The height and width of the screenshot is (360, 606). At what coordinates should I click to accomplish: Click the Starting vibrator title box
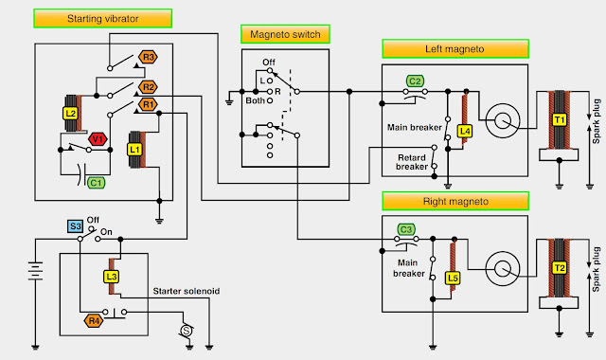click(x=101, y=18)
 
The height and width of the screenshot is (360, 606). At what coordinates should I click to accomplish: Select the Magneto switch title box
click(x=284, y=35)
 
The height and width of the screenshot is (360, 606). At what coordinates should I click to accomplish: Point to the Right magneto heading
click(x=454, y=201)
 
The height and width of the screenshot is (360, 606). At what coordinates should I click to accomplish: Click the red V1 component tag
click(x=98, y=139)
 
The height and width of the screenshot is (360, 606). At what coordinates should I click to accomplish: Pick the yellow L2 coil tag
click(x=70, y=112)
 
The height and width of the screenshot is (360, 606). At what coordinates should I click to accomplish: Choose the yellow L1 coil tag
click(x=134, y=150)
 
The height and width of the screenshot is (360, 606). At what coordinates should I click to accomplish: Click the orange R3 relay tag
click(x=148, y=57)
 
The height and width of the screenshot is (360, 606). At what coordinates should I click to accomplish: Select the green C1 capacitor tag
click(x=96, y=182)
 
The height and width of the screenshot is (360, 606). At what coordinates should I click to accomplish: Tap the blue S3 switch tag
click(x=74, y=226)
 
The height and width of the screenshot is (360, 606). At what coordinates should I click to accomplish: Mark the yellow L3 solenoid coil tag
click(x=111, y=276)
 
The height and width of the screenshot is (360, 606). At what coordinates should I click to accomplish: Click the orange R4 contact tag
click(x=94, y=320)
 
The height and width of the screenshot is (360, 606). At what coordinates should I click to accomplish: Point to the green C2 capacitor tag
click(x=414, y=81)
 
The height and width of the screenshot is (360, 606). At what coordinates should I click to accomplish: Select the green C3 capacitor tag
click(x=405, y=229)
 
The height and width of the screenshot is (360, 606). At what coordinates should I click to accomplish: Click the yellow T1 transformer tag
click(x=559, y=120)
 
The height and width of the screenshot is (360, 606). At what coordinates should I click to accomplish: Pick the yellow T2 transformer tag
click(x=559, y=268)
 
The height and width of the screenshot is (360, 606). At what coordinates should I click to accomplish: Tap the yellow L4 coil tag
click(x=464, y=131)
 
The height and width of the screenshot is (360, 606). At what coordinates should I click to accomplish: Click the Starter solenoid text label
click(x=186, y=292)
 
